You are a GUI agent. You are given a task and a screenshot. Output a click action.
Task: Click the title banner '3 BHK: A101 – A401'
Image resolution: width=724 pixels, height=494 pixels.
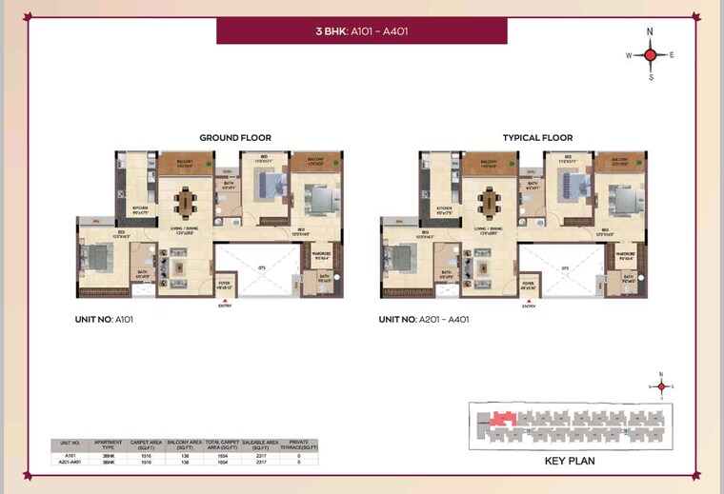(363, 30)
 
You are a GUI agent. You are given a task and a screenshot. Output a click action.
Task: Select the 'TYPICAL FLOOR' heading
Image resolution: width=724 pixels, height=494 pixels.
(537, 138)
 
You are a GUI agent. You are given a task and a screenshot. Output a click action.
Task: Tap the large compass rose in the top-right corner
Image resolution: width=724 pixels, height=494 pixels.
(651, 55)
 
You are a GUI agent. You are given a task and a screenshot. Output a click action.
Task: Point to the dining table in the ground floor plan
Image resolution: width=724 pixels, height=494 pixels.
(185, 203)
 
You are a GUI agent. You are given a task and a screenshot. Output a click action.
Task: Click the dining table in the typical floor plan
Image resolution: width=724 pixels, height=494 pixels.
(490, 203)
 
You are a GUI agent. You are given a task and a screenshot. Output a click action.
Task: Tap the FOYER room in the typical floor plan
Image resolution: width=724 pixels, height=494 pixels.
(528, 285)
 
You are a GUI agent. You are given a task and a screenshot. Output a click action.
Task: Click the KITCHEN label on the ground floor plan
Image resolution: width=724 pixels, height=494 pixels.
(140, 208)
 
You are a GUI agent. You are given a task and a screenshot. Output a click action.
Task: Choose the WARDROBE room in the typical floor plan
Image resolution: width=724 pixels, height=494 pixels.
(626, 255)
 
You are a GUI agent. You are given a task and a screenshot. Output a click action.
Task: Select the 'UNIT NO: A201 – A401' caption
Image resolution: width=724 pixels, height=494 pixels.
(424, 320)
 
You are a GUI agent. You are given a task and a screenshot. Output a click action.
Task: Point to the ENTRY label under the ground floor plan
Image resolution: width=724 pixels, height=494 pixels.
(225, 306)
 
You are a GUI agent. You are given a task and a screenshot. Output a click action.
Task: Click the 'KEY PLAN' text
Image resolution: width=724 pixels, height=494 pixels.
(570, 461)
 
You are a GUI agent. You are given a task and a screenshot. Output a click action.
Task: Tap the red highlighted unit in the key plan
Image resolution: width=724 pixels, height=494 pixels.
(502, 418)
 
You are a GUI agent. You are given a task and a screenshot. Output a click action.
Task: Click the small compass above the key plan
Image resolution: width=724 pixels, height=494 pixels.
(661, 385)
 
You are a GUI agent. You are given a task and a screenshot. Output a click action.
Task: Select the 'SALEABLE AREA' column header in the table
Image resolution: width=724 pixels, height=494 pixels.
(259, 445)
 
